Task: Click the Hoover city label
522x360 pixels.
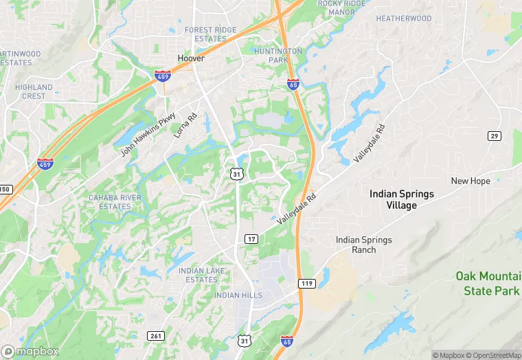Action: (x=192, y=58)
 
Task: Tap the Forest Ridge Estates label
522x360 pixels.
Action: (x=210, y=34)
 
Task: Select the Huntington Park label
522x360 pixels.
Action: (x=278, y=56)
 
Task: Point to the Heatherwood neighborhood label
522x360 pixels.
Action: (x=404, y=19)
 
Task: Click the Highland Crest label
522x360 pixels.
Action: (x=34, y=91)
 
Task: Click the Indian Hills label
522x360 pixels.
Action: (x=238, y=295)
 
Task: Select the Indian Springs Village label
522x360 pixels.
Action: (x=402, y=199)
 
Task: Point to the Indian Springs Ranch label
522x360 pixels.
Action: (x=364, y=245)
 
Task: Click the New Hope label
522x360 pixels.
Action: (x=470, y=181)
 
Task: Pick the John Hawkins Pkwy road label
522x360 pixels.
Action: (x=148, y=135)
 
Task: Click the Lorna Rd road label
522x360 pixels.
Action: (x=185, y=125)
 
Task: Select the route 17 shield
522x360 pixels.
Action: (x=251, y=239)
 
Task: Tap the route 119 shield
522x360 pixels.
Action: (x=306, y=283)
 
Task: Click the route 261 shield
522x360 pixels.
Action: (x=155, y=335)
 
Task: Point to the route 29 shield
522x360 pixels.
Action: (x=495, y=136)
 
